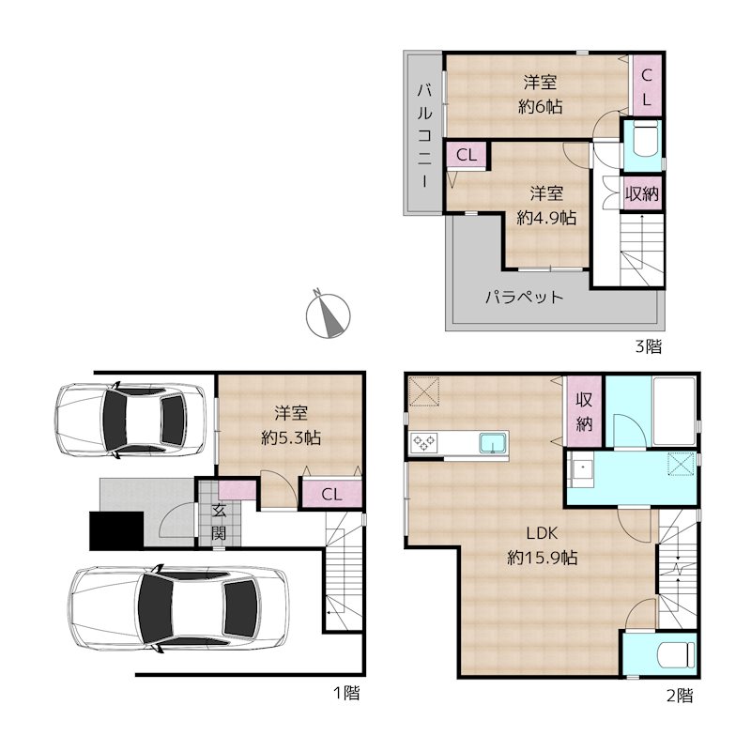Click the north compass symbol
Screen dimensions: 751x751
click(x=328, y=314)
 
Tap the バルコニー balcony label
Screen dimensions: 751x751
click(x=424, y=135)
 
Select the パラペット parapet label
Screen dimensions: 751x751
click(x=524, y=297)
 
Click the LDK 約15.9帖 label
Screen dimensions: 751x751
click(x=543, y=545)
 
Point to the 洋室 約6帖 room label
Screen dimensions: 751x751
click(x=541, y=95)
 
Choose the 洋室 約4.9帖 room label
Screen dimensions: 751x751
click(x=546, y=206)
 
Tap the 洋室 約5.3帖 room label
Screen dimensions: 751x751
click(x=291, y=425)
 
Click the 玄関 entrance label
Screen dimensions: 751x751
click(x=219, y=522)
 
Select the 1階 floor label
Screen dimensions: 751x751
click(x=346, y=693)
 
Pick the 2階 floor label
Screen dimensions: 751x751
click(x=680, y=695)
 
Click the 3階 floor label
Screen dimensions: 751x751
click(x=648, y=345)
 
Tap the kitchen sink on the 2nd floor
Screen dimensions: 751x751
click(x=494, y=442)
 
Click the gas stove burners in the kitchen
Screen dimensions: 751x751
click(x=424, y=442)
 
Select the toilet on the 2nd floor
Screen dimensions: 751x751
click(x=676, y=654)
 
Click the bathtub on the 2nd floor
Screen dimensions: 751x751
click(x=674, y=412)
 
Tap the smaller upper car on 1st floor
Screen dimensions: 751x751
click(x=130, y=420)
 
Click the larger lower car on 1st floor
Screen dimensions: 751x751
click(x=179, y=608)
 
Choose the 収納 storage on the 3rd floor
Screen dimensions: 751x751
click(x=641, y=194)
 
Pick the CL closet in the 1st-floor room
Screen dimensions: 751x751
click(x=331, y=494)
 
